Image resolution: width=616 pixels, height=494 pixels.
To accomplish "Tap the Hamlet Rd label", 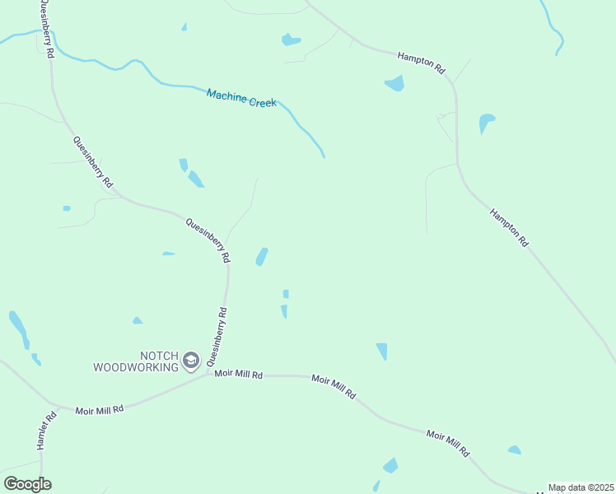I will [x=47, y=430].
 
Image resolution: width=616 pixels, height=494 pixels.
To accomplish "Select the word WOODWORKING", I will [x=136, y=367].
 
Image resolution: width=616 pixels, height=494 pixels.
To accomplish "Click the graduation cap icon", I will [x=191, y=360].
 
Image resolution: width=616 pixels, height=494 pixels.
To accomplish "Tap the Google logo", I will [x=27, y=484].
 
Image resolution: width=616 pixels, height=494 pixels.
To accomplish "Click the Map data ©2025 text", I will [x=581, y=487].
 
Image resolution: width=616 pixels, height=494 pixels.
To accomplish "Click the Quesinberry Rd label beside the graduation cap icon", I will [x=217, y=337].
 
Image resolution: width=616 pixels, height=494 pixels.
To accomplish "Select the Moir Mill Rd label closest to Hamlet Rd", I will [x=99, y=409].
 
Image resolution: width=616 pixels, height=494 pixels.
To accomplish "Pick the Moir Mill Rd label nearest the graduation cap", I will [x=238, y=374].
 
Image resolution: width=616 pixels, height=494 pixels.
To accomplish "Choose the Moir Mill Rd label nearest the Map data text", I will [x=448, y=443].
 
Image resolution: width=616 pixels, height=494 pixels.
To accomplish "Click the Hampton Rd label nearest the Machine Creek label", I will [x=421, y=60].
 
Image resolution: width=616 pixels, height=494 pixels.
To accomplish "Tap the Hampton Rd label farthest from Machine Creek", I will [x=509, y=227].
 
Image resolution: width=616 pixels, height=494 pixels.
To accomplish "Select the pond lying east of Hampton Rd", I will [x=486, y=123].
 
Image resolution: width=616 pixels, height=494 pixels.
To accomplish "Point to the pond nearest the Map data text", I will [x=514, y=450].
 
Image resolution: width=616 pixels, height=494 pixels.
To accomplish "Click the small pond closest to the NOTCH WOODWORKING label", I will [x=138, y=320].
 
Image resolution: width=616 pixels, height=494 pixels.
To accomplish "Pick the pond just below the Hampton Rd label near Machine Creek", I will [x=394, y=83].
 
